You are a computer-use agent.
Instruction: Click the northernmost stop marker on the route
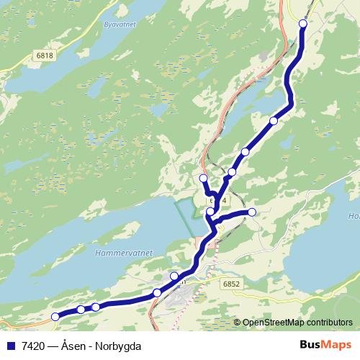[x=302, y=24]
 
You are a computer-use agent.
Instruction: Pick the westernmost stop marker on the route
[x=55, y=316]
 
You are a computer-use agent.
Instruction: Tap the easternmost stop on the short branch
[x=252, y=212]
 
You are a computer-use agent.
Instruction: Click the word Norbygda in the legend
[x=118, y=345]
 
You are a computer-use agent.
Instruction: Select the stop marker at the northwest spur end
[x=203, y=178]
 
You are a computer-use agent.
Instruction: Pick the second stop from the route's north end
[x=273, y=120]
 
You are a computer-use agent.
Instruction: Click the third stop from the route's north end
[x=246, y=152]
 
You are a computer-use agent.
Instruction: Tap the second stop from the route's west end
[x=81, y=310]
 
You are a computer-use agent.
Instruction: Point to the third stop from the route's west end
[x=96, y=307]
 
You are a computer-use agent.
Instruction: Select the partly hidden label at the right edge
[x=354, y=216]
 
